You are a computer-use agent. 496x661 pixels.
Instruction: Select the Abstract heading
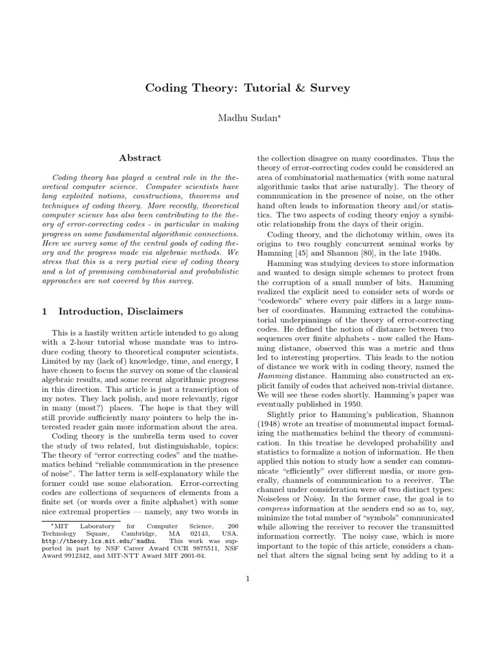pyautogui.click(x=140, y=158)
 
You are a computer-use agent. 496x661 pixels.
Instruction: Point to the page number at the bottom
pyautogui.click(x=247, y=578)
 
